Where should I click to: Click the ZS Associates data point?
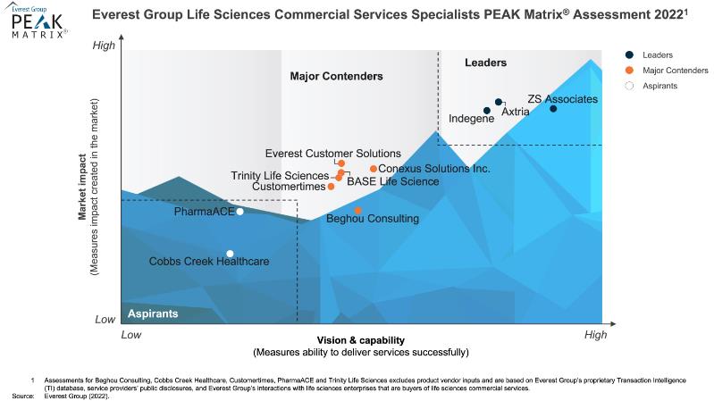point(553,109)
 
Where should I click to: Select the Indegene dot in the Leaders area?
point(487,111)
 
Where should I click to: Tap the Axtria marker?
point(499,102)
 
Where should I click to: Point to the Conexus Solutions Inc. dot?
point(374,169)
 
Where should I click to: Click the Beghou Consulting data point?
point(358,211)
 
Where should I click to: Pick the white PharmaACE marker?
point(239,212)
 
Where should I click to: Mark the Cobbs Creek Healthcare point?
point(231,254)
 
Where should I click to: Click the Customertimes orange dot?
point(331,187)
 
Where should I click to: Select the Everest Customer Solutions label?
point(333,154)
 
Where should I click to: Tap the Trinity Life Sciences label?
point(280,175)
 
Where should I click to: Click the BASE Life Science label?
point(393,181)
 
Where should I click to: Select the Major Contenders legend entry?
point(674,70)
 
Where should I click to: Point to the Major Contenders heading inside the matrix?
point(337,77)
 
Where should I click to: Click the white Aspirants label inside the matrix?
point(153,314)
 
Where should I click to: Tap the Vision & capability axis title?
point(361,340)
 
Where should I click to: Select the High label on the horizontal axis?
point(595,335)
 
